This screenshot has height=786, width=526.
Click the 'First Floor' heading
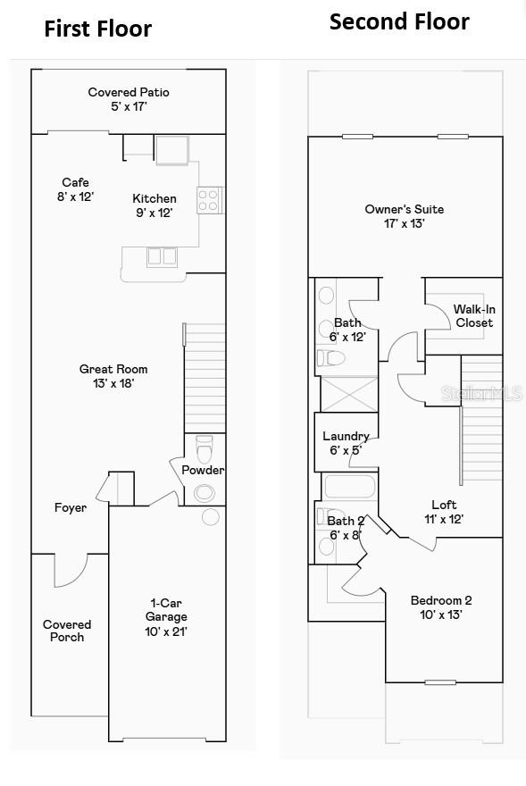pos(98,29)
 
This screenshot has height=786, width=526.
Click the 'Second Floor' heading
pos(399,21)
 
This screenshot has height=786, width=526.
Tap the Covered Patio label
pos(129,99)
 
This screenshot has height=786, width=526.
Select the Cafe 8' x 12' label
pos(76,189)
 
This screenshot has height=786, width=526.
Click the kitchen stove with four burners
pos(209,199)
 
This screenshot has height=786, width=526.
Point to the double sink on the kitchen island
pos(162,256)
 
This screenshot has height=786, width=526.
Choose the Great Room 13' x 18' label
pos(113,376)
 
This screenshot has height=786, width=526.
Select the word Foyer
pos(71,508)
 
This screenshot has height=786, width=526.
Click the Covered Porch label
pos(67,631)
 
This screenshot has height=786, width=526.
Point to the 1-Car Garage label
pos(166,617)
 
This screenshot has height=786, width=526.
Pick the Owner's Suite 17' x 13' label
pos(404,216)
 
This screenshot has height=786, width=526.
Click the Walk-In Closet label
pos(473,315)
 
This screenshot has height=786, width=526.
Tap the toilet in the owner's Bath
pos(331,359)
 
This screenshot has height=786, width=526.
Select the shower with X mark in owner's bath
pos(346,394)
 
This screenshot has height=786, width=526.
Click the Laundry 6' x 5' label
pos(346,443)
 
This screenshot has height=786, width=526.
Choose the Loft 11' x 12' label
pos(444,512)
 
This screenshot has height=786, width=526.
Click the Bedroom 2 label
pos(441,607)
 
